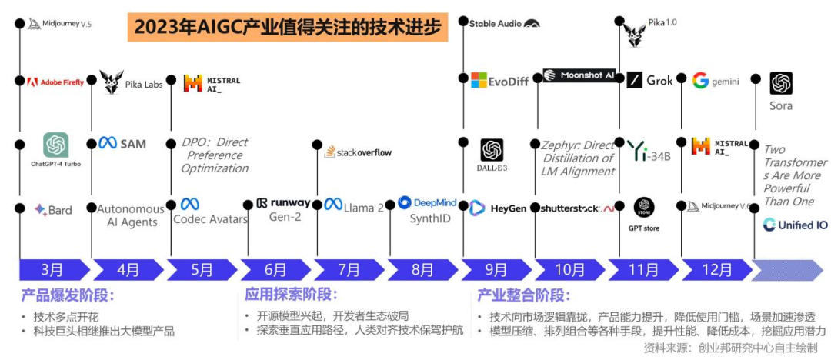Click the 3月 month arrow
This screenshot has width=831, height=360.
[x=52, y=269]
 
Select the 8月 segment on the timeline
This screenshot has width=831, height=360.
[x=422, y=269]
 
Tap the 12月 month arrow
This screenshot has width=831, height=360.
[x=716, y=269]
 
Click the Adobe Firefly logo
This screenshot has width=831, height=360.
[x=55, y=82]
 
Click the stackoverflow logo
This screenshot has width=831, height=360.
[x=358, y=152]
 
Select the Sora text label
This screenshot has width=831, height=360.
[x=781, y=106]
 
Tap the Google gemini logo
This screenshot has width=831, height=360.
[x=716, y=81]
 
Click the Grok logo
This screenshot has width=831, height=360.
[x=650, y=81]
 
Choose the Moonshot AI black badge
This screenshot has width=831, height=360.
[x=579, y=75]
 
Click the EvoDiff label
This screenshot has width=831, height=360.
[x=499, y=81]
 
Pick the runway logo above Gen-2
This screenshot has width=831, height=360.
[x=283, y=203]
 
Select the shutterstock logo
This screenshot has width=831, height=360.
[x=576, y=208]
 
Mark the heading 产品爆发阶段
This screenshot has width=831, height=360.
[x=68, y=296]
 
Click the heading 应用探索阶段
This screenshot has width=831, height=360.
[x=291, y=295]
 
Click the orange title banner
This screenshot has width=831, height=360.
[x=288, y=28]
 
